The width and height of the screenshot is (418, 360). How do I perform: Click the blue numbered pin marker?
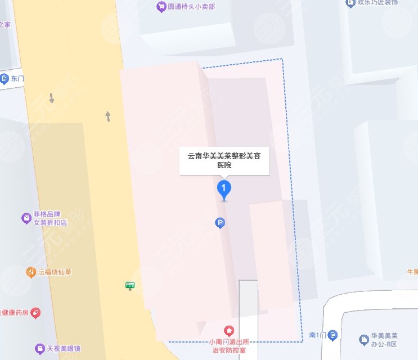click(x=224, y=188)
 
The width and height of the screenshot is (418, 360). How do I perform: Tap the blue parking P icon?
click(x=221, y=223)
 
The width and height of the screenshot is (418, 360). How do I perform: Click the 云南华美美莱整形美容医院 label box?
click(x=224, y=160)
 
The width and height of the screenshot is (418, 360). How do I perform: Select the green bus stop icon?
click(x=130, y=286)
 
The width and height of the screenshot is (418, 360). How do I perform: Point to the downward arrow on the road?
click(x=52, y=98)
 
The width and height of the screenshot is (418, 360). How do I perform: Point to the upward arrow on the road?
click(x=108, y=116)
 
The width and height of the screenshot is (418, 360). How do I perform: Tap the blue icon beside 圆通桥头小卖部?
click(x=160, y=7)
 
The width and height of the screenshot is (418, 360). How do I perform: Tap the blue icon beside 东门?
click(x=5, y=78)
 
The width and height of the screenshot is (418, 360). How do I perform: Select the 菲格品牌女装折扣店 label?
click(x=51, y=218)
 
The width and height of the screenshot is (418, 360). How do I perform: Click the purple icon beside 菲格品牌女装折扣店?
click(x=25, y=218)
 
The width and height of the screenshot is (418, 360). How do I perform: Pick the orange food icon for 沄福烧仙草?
click(x=30, y=272)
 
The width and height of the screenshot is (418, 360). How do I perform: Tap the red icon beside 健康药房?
click(x=35, y=311)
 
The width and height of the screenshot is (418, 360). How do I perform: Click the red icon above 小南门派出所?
click(x=229, y=330)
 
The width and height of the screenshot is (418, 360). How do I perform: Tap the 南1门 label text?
click(x=318, y=335)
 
